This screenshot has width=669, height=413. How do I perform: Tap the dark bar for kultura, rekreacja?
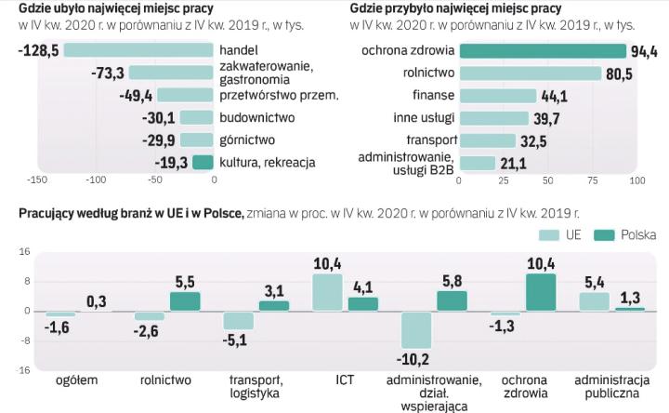203,162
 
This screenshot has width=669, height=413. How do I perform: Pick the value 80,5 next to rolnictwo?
611,73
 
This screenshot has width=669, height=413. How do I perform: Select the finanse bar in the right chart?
498,96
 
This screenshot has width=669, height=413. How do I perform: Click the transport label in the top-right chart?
427,140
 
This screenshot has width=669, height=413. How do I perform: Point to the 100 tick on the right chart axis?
636,180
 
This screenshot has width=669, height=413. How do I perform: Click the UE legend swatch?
549,235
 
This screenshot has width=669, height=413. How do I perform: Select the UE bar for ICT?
327,292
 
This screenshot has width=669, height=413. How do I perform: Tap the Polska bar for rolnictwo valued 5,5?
185,300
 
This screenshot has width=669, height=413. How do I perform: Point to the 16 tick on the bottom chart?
26,252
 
